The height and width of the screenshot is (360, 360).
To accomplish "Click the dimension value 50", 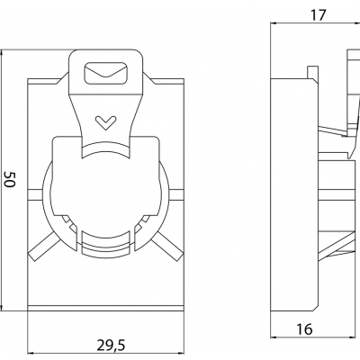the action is [x=10, y=179].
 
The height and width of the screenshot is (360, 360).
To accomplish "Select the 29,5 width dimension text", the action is [x=111, y=346].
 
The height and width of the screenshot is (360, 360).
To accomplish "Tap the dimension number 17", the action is [x=318, y=15].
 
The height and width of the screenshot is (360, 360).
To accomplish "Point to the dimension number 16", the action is [x=304, y=329].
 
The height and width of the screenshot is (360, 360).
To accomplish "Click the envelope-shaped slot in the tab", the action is [x=106, y=73].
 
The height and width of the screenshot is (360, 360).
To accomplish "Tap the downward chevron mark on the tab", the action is [x=105, y=122].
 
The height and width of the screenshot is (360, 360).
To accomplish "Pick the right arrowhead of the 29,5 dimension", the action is [x=180, y=353].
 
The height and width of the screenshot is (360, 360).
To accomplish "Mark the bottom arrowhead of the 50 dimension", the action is [x=2, y=307].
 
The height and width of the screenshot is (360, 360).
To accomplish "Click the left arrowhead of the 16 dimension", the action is [x=274, y=337].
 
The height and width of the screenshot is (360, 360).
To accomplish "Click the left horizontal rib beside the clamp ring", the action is [x=36, y=194].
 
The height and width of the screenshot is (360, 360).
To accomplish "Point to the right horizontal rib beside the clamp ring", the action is [x=175, y=194].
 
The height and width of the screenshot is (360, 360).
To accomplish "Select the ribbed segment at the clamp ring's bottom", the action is [x=106, y=245].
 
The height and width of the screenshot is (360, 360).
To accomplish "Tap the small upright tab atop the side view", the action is [x=311, y=73].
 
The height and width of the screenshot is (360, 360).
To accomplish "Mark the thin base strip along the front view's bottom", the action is [x=105, y=309].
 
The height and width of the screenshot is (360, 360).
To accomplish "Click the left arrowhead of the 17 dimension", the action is [x=274, y=22].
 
